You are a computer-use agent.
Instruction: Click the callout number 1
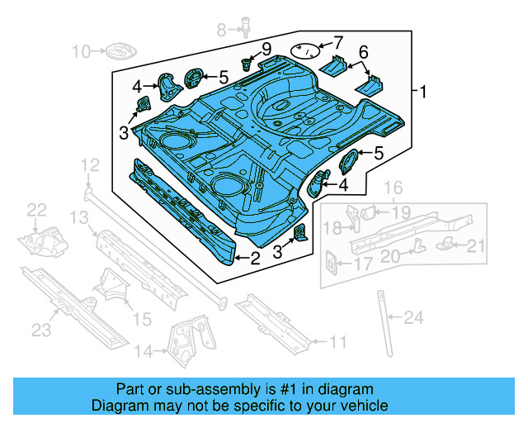pos(424,93)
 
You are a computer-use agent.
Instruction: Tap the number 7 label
pos(336,42)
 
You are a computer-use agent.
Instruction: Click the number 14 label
pos(144,352)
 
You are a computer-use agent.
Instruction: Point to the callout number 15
pos(143,319)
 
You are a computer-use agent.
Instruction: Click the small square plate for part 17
pos(330,260)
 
